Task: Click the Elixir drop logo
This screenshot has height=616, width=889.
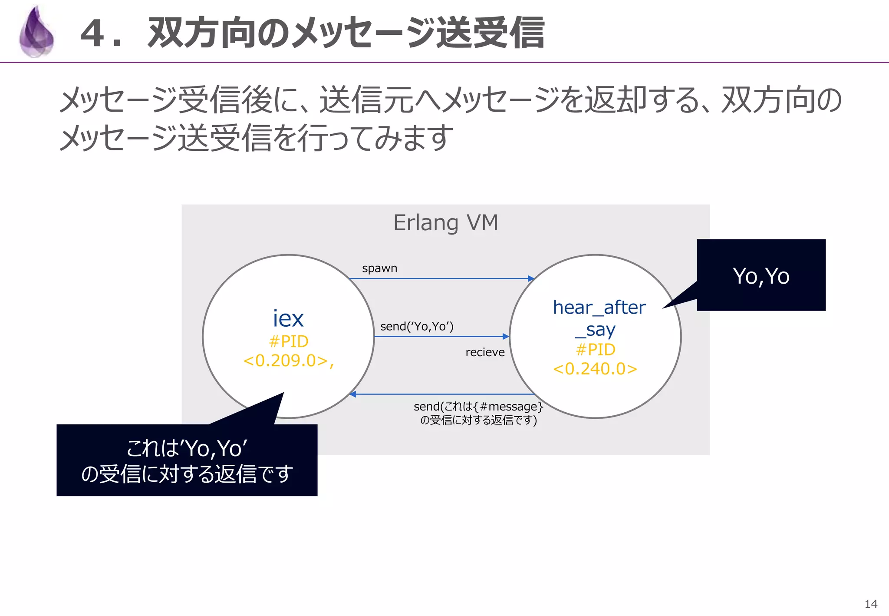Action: (x=37, y=33)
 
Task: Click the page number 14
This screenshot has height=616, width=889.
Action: (x=870, y=604)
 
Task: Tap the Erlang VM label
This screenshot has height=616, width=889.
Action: (x=445, y=223)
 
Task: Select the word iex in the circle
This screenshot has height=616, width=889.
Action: (x=288, y=319)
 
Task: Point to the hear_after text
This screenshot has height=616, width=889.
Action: (x=599, y=308)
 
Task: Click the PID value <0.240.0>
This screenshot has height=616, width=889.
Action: (x=595, y=369)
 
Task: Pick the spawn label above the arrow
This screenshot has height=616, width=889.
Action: (x=379, y=268)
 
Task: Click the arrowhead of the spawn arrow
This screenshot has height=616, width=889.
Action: (x=531, y=278)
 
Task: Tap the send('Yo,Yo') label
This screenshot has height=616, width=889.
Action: (x=417, y=326)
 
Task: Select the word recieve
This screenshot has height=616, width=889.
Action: (x=485, y=352)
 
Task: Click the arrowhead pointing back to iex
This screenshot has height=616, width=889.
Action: (x=353, y=394)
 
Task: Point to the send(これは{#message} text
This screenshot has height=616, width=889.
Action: (x=478, y=407)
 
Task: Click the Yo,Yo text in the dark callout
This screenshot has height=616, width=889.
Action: (x=761, y=276)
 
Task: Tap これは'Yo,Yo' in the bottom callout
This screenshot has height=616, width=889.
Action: (x=187, y=448)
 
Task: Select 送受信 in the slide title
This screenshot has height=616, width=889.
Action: (x=490, y=33)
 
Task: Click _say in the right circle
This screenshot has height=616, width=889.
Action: (x=595, y=330)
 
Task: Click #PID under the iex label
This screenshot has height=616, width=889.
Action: (x=288, y=341)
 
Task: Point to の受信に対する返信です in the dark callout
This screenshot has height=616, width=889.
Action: (x=187, y=474)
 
